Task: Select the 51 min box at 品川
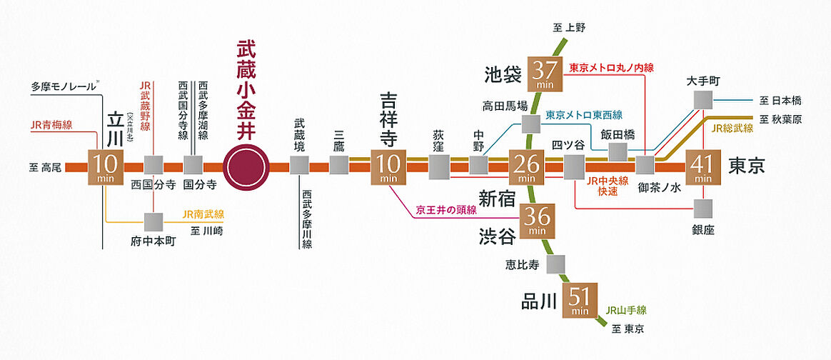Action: coord(580,300)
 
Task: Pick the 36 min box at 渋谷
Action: coord(538,221)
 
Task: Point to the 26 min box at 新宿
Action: coord(528,167)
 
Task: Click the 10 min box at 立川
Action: coord(105,167)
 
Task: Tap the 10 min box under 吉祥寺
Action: coord(388,167)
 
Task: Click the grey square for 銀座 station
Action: coord(703,209)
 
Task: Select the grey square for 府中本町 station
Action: coord(153,221)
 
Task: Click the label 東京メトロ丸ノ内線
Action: coord(611,69)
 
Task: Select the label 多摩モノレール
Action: coord(64,86)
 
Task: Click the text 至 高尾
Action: coord(44,168)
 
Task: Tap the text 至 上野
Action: coord(568,28)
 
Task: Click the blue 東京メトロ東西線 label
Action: coord(584,115)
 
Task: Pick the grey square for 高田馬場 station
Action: coord(530,124)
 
